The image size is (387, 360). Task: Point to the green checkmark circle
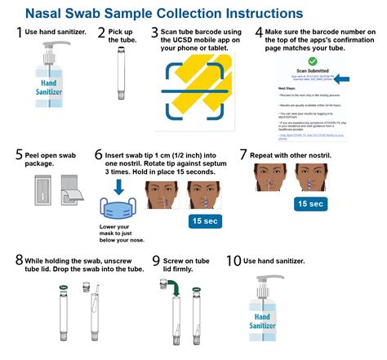pyautogui.click(x=314, y=60)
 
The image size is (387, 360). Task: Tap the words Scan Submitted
pyautogui.click(x=314, y=70)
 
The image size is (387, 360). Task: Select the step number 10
pyautogui.click(x=234, y=262)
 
